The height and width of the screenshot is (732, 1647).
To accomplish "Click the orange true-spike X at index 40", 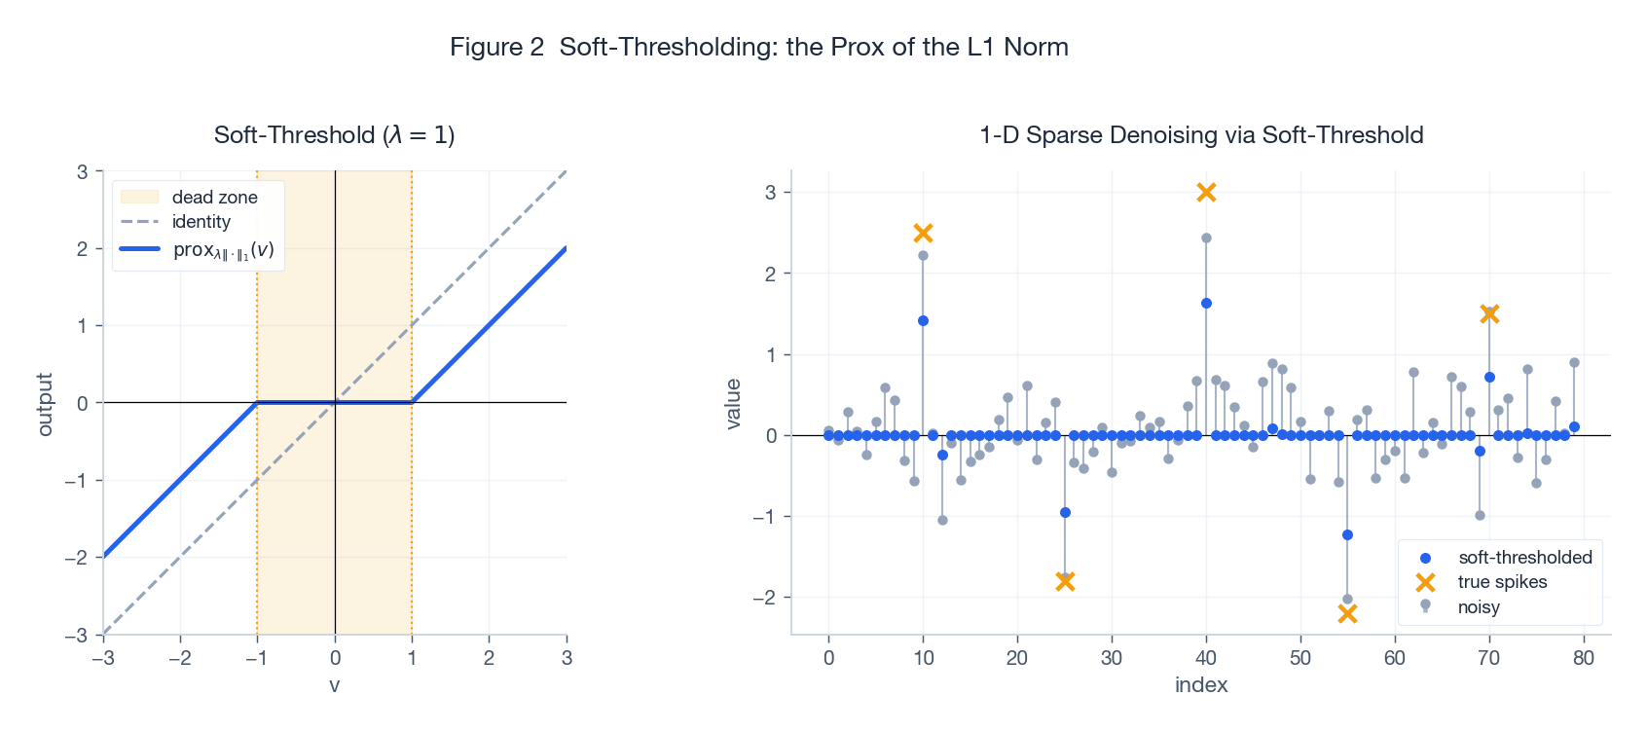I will pyautogui.click(x=1206, y=193).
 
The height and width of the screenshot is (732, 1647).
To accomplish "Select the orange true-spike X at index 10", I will pyautogui.click(x=923, y=233).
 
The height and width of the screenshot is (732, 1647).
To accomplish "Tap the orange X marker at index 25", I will pyautogui.click(x=1065, y=581).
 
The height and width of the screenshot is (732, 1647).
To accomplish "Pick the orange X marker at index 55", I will pyautogui.click(x=1347, y=613).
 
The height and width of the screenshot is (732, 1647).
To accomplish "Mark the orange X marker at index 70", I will pyautogui.click(x=1489, y=313).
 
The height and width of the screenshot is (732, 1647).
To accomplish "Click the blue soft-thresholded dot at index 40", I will pyautogui.click(x=1206, y=303).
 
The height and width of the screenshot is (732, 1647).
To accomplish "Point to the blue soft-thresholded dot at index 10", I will pyautogui.click(x=923, y=320).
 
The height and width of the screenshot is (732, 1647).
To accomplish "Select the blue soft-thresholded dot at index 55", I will pyautogui.click(x=1347, y=534).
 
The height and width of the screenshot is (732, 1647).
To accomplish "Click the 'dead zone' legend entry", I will pyautogui.click(x=214, y=197).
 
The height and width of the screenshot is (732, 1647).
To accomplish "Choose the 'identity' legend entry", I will pyautogui.click(x=201, y=222).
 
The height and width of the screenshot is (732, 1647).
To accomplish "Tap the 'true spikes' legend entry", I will pyautogui.click(x=1502, y=582).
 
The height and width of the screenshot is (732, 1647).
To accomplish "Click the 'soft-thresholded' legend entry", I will pyautogui.click(x=1524, y=558).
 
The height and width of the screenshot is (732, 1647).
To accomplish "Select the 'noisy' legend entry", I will pyautogui.click(x=1479, y=607).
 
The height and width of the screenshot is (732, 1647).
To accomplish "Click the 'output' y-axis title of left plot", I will pyautogui.click(x=45, y=404).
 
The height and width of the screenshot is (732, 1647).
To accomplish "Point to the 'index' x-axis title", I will pyautogui.click(x=1201, y=685).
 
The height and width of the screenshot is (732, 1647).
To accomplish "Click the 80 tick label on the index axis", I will pyautogui.click(x=1584, y=658).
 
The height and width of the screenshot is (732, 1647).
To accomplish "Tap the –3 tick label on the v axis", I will pyautogui.click(x=103, y=658).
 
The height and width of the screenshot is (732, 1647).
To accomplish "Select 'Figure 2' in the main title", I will pyautogui.click(x=496, y=47).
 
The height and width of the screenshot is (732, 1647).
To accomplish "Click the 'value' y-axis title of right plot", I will pyautogui.click(x=734, y=404).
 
